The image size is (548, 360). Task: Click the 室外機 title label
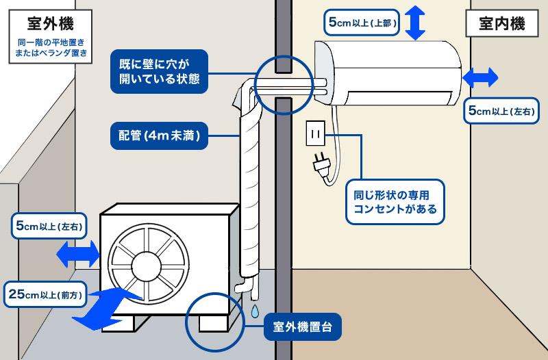(51, 24)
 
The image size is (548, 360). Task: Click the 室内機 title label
(502, 24)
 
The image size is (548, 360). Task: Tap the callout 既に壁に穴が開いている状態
(160, 72)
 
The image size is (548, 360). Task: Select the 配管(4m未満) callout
(160, 136)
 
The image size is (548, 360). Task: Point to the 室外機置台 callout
(302, 327)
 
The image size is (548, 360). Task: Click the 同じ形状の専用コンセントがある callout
(395, 202)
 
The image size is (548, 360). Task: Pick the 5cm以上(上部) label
(362, 23)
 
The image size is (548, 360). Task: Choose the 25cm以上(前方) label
(45, 294)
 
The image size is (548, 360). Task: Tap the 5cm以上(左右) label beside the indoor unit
(501, 111)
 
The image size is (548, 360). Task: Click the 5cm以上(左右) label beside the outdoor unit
(49, 226)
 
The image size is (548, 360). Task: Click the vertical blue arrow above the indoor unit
(415, 23)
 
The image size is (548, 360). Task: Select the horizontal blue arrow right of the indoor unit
(480, 77)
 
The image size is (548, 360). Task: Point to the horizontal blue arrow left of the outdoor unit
(78, 254)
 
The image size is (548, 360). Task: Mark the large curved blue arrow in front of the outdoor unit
(105, 309)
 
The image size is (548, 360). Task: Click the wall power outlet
(316, 133)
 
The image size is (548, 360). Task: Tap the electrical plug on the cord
(321, 164)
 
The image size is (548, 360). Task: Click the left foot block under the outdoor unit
(118, 324)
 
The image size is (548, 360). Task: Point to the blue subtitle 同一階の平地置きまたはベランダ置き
(51, 48)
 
